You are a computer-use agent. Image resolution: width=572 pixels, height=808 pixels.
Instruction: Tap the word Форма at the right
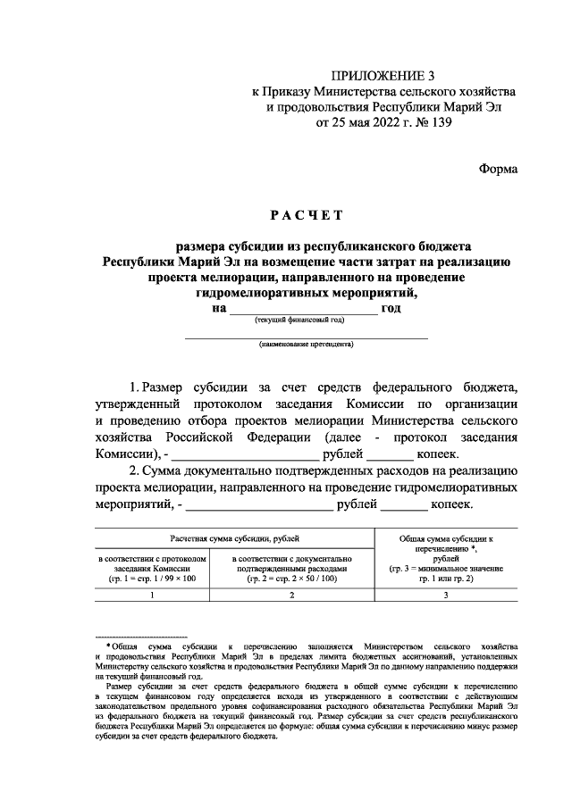point(498,168)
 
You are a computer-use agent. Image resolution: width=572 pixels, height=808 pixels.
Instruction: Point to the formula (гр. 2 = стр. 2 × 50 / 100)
point(290,579)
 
